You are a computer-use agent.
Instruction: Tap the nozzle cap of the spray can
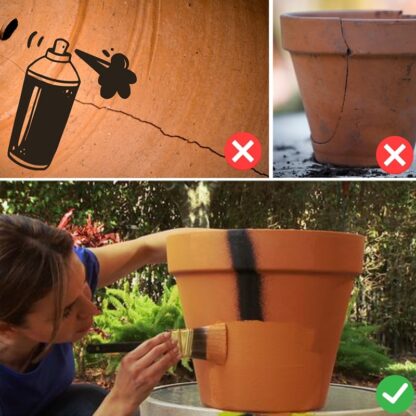click(59, 46)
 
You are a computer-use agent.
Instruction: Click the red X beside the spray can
click(243, 152)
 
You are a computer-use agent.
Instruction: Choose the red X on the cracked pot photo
click(394, 154)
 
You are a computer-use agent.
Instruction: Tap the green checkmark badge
click(395, 393)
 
